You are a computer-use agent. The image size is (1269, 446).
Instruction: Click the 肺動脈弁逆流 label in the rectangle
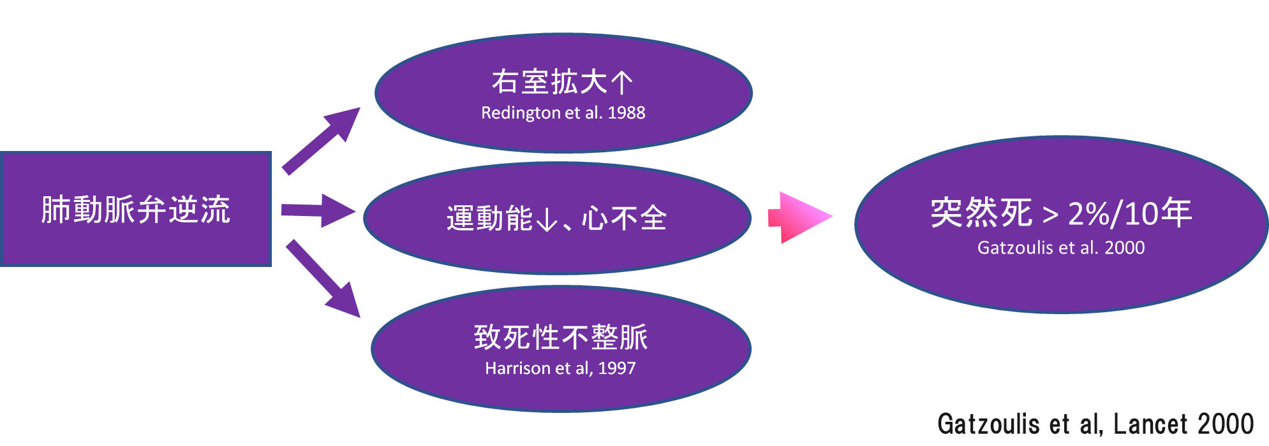tap(135, 210)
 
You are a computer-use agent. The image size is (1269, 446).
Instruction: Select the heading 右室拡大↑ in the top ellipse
tap(561, 82)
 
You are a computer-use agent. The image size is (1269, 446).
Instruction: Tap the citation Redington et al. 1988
tap(563, 113)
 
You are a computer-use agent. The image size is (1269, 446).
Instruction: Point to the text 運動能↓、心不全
tap(556, 219)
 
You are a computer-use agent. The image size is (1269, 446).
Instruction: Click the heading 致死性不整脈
tap(561, 337)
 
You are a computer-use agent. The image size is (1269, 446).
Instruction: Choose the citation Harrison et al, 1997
tap(560, 368)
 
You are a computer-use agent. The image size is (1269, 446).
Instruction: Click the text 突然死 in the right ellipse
tap(981, 213)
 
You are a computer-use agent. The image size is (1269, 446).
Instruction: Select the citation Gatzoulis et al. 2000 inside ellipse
tap(1061, 247)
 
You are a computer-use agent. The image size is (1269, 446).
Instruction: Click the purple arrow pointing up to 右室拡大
tap(323, 140)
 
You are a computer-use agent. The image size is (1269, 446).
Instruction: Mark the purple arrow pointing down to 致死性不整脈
tap(323, 279)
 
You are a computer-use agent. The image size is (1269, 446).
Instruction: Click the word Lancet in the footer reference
tap(1150, 424)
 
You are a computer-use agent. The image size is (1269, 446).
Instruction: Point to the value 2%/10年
tap(1129, 213)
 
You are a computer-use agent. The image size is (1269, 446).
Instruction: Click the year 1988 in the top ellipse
tap(626, 113)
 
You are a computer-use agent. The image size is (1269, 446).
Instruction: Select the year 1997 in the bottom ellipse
tap(616, 368)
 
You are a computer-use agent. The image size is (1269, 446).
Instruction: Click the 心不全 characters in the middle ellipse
tap(624, 219)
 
